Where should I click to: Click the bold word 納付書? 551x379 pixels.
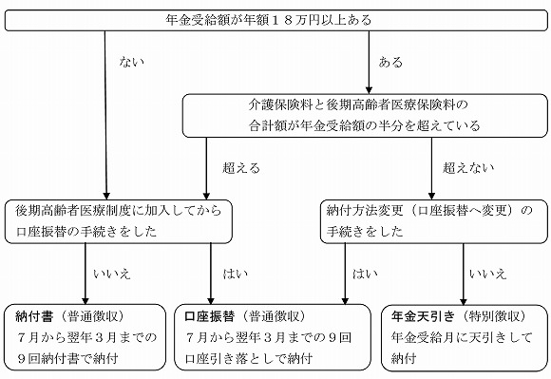coord(37,315)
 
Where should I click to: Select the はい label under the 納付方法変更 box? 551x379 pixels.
coord(364,274)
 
